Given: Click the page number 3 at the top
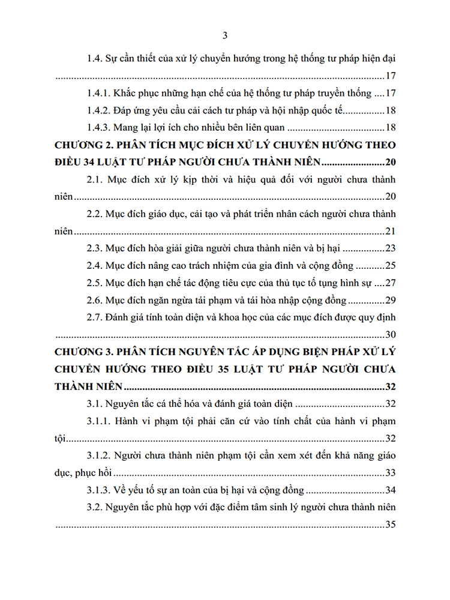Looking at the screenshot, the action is [x=225, y=35].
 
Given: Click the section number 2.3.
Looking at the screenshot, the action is [x=94, y=248].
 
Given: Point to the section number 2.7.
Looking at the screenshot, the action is [x=94, y=317].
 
